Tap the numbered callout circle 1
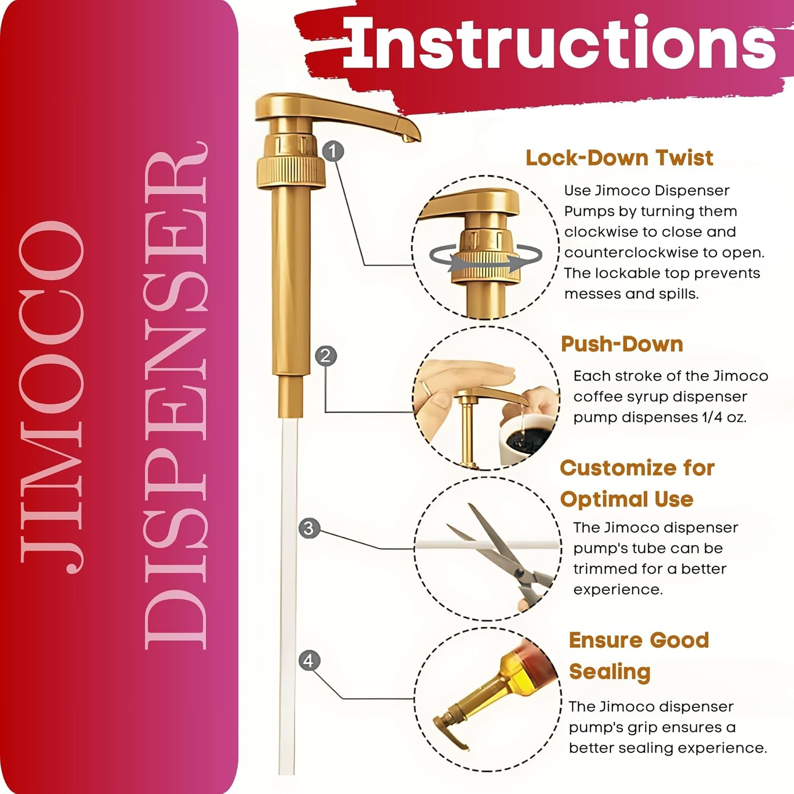(333, 151)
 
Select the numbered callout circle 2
(326, 355)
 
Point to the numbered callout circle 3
(309, 528)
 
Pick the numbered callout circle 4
(309, 660)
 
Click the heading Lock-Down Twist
(619, 158)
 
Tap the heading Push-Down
(622, 344)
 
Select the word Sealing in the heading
(610, 672)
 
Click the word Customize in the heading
(614, 468)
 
